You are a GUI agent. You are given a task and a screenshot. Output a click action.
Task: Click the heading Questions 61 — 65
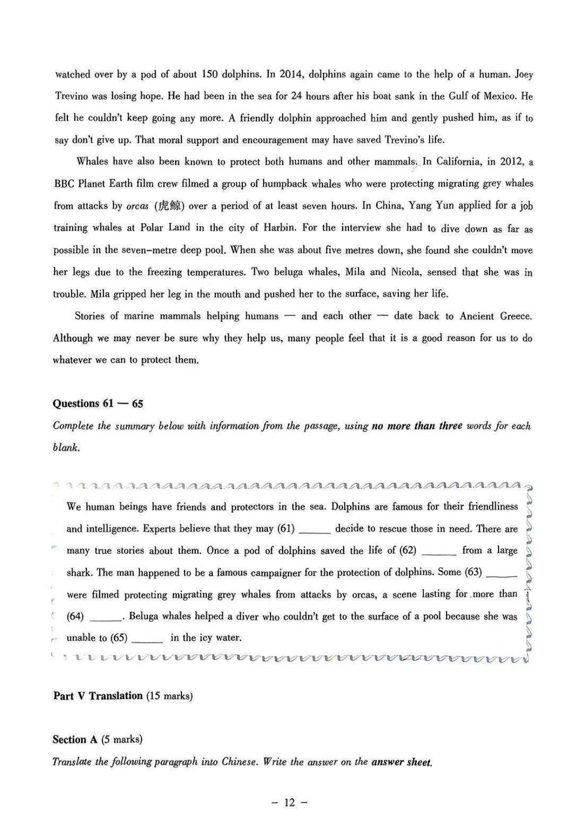click(x=98, y=404)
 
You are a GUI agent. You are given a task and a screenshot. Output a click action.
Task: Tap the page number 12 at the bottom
click(x=289, y=803)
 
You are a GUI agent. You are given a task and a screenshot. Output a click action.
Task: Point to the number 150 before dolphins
click(x=206, y=74)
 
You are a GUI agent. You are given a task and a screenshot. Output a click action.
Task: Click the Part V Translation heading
click(x=98, y=696)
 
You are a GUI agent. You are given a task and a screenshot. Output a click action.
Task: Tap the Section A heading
click(x=75, y=739)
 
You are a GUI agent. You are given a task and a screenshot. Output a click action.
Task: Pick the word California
click(x=459, y=162)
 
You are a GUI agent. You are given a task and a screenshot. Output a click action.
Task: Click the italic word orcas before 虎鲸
click(x=137, y=206)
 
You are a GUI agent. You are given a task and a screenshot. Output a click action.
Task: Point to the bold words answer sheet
click(x=402, y=762)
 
